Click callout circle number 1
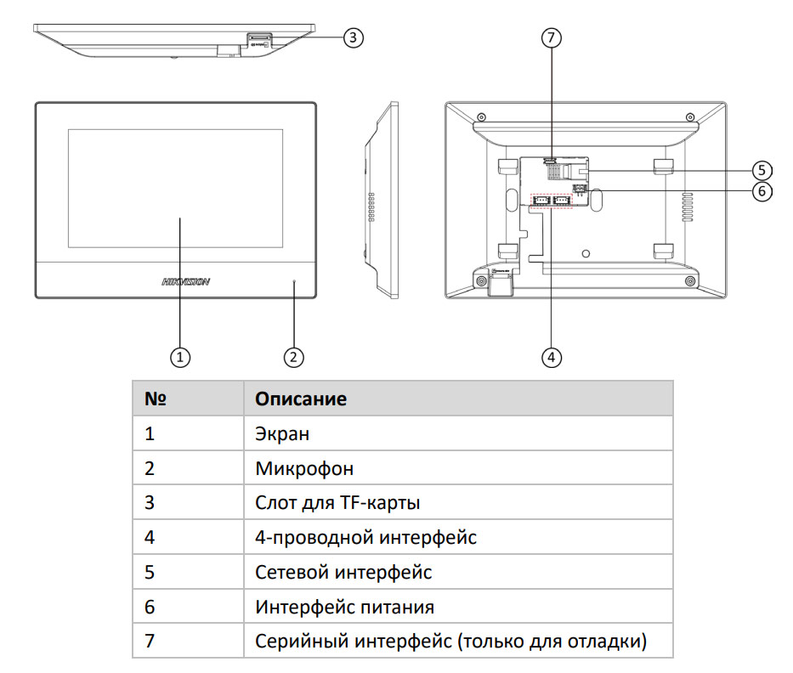tap(179, 358)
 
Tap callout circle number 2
tap(293, 358)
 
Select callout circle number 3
tap(354, 37)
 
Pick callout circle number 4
tap(552, 358)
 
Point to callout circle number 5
tap(762, 169)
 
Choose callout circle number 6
tap(762, 191)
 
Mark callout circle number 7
tap(552, 37)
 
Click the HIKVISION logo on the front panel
tap(184, 281)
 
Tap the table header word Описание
tap(301, 399)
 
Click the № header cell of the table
tap(154, 399)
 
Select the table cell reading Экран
tap(282, 433)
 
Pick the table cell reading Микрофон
tap(304, 468)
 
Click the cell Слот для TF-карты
tap(337, 503)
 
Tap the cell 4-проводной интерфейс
tap(365, 537)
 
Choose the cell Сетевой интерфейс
tap(343, 572)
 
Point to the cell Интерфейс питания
tap(344, 607)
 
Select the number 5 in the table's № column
tap(150, 572)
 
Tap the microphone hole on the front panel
tap(294, 280)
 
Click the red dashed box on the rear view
tap(552, 200)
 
